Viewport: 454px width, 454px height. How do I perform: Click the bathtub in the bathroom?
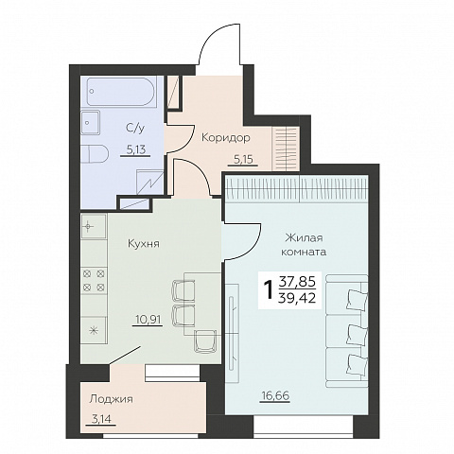click(121, 92)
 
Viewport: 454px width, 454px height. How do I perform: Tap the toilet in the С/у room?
click(95, 154)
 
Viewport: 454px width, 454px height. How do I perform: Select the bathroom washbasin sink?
click(90, 122)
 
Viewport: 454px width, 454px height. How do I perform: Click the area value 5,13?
click(136, 149)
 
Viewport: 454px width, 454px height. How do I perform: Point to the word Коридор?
click(226, 138)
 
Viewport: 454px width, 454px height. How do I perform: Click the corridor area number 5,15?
click(243, 160)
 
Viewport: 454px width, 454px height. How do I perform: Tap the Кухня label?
click(144, 243)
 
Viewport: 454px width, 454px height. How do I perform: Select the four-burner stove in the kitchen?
click(94, 280)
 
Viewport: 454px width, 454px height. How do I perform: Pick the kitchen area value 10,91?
click(148, 320)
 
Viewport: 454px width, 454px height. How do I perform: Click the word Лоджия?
click(111, 399)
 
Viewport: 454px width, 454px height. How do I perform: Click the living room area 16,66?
click(275, 395)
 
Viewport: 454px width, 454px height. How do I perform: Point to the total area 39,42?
click(297, 297)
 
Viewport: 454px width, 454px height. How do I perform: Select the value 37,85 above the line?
click(297, 281)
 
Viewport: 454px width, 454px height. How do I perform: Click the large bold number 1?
click(269, 289)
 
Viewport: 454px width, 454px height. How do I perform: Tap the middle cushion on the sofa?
click(357, 334)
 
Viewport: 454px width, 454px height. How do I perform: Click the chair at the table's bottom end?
click(204, 340)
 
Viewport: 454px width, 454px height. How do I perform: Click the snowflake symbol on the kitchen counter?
click(93, 331)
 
